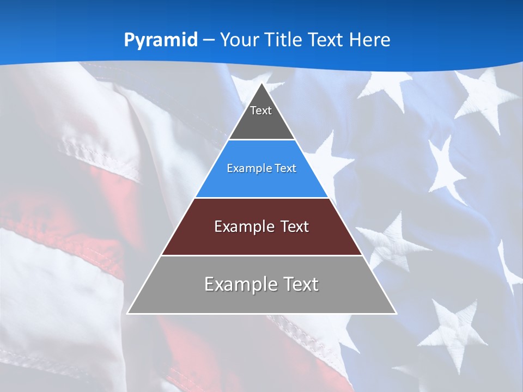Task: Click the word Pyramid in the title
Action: (x=160, y=40)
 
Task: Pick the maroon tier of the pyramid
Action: (x=261, y=240)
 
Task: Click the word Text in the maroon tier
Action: (x=295, y=226)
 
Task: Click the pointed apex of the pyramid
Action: (x=262, y=84)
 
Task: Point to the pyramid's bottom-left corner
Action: (x=128, y=313)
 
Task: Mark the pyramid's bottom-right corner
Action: (x=396, y=313)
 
